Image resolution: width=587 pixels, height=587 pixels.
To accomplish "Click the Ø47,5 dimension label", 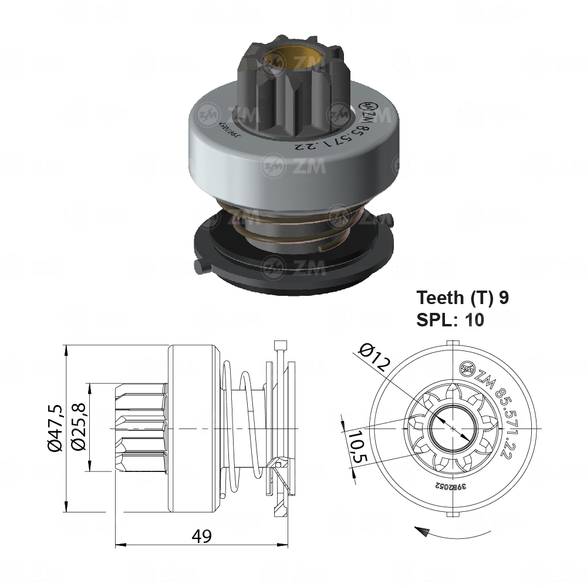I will point(55,429).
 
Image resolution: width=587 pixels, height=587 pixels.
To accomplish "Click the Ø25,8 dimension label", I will point(77,428).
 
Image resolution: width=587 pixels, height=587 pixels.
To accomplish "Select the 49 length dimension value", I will point(201,535).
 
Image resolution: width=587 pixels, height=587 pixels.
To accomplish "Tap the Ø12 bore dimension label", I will point(372,356).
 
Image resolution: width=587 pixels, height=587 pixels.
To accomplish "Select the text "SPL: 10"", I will point(450,320).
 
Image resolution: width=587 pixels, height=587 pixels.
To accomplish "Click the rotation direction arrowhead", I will point(420,530).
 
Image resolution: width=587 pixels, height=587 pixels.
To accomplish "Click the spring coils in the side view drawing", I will point(241,429).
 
